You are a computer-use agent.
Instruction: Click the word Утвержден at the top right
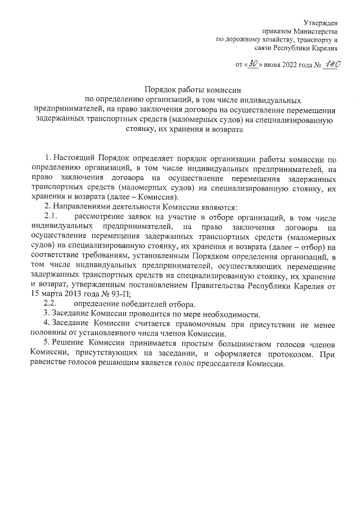[x=321, y=22]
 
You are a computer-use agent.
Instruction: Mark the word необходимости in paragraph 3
[x=231, y=313]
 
